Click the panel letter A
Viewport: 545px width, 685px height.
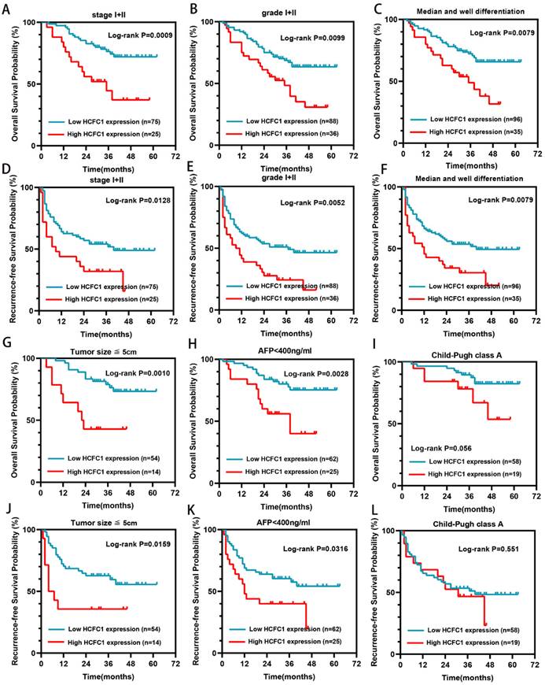click(x=6, y=8)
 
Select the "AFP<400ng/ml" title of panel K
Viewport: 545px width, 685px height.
click(x=280, y=522)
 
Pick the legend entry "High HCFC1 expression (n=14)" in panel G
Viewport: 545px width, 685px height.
click(x=109, y=471)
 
